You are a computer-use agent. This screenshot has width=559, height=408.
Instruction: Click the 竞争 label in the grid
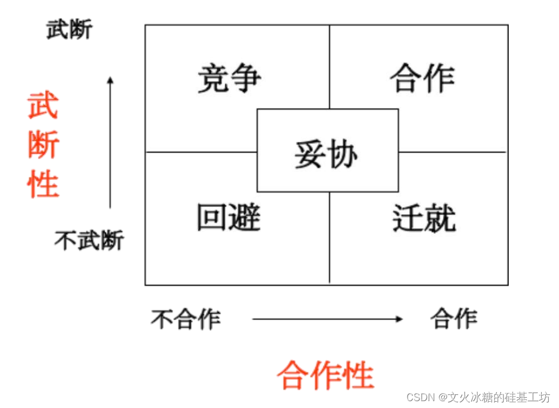coord(229,79)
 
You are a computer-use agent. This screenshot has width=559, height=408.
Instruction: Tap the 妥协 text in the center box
coord(327,154)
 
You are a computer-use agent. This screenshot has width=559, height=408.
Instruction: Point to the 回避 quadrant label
coord(229,218)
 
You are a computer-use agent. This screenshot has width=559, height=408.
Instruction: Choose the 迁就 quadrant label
coord(424,218)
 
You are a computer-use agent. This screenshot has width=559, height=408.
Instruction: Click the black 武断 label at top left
coord(69,30)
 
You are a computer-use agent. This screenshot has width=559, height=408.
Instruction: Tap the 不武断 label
coord(89,241)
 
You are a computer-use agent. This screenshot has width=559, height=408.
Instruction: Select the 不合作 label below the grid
coord(186,318)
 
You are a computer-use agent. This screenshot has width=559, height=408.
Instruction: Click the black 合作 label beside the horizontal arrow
coord(454,318)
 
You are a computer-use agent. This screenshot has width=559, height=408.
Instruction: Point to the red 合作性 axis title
coord(325,375)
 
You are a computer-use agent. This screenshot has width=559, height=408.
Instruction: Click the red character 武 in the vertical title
coord(43,106)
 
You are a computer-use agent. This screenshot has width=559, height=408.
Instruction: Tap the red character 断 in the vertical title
coord(43,146)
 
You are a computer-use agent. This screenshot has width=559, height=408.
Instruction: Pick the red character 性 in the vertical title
coord(43,184)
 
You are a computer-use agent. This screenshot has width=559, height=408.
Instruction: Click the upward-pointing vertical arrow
coord(110,143)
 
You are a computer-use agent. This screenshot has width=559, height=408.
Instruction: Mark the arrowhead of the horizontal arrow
coord(400,319)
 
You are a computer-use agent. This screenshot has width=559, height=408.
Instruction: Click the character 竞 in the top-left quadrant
coord(213,79)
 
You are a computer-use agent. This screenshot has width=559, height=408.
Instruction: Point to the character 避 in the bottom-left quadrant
coord(245,218)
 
